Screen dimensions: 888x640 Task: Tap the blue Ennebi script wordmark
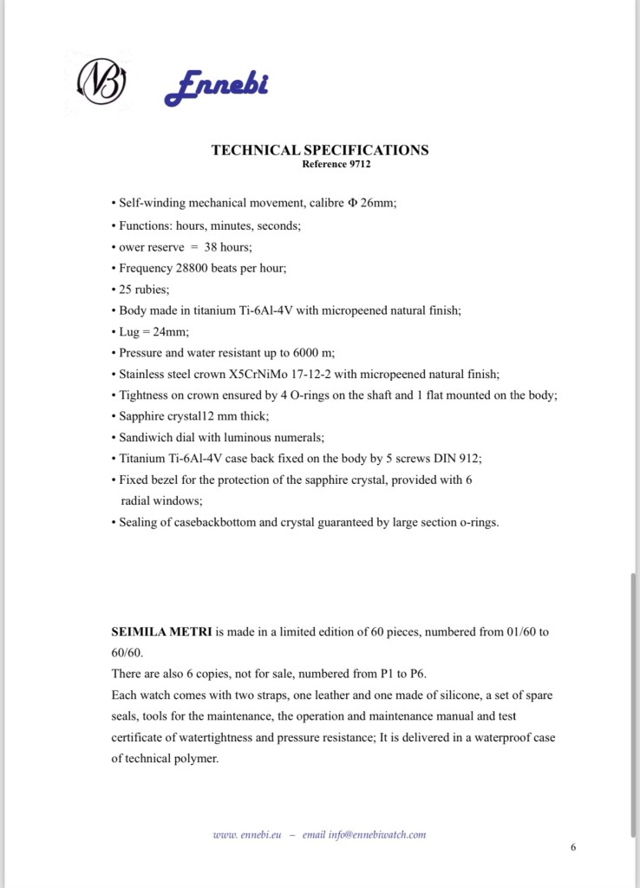[216, 86]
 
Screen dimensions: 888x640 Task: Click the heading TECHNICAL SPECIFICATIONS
[319, 150]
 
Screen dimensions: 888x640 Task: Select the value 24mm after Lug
[168, 332]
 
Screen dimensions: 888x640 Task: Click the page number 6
[573, 847]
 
